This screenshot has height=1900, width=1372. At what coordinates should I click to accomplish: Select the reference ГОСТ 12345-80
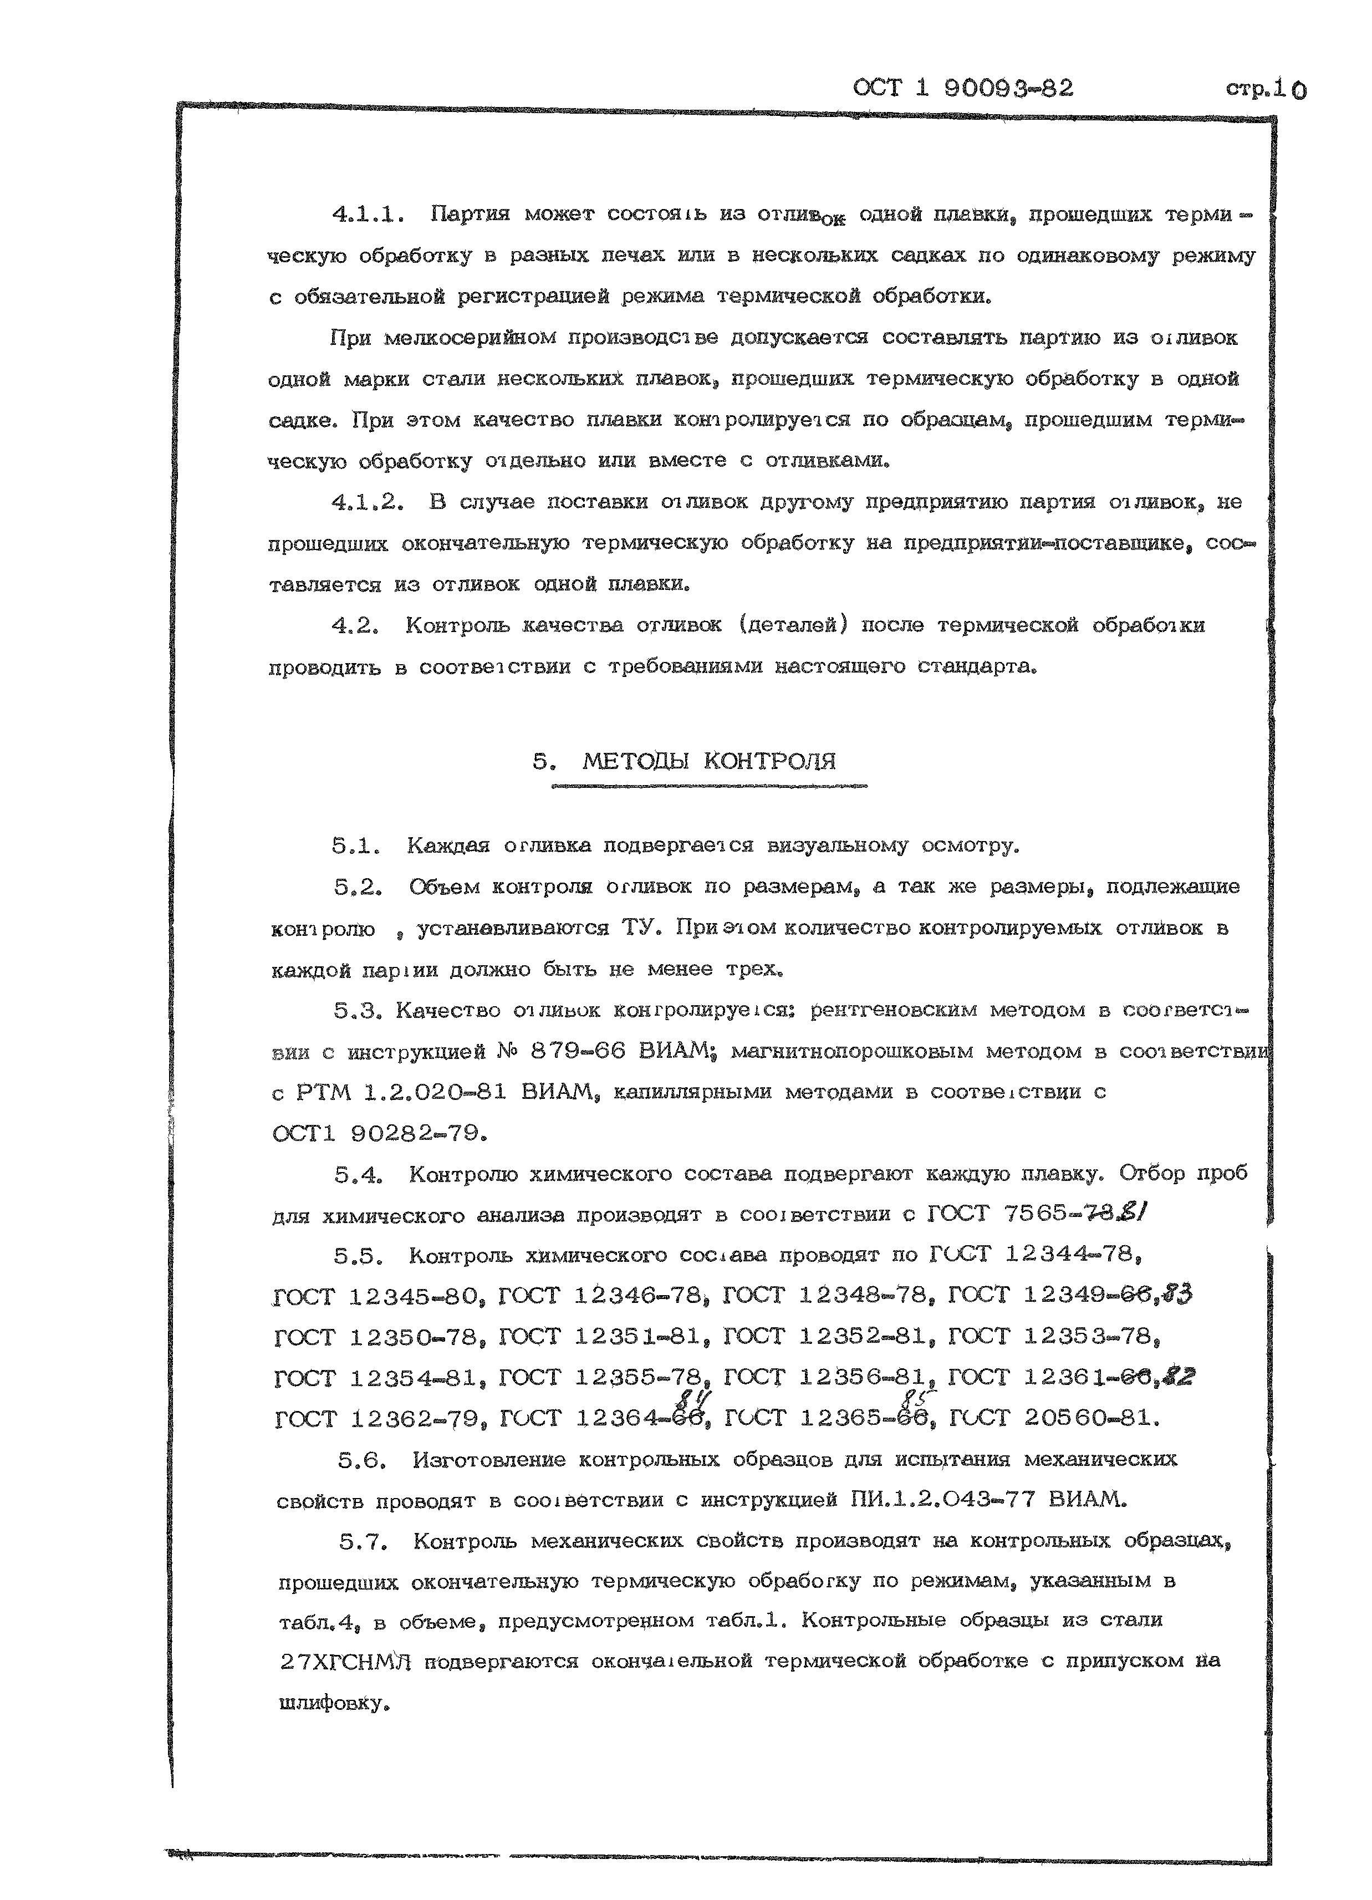pos(379,1297)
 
